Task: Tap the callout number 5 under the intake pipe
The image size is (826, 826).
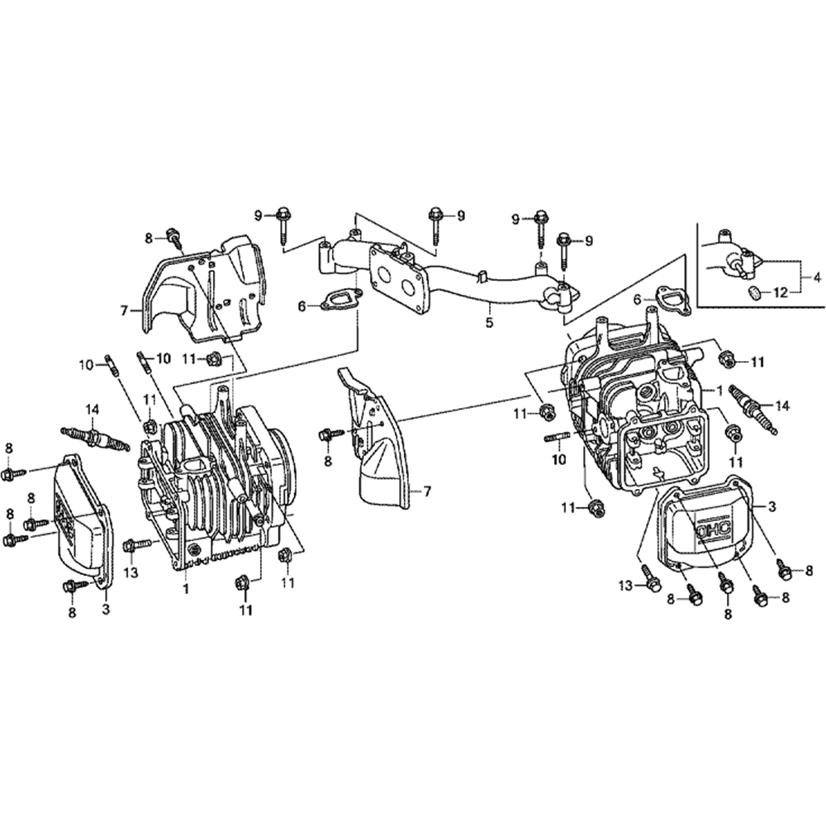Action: pos(489,323)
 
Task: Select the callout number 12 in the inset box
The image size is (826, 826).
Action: pos(780,292)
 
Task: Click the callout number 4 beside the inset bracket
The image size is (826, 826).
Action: pos(816,278)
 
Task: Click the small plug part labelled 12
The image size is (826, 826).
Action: pos(754,292)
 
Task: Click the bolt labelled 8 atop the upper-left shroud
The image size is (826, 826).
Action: pos(173,236)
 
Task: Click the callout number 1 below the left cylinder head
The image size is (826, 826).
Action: pos(186,590)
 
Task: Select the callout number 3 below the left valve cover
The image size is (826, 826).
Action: pos(105,610)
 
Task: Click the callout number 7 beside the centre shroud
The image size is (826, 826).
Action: pos(427,491)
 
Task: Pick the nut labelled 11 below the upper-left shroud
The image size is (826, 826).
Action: pos(214,358)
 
